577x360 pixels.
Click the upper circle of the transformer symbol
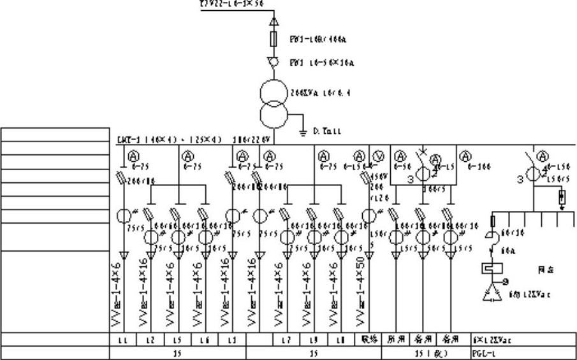(x=274, y=94)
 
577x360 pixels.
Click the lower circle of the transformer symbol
(x=274, y=115)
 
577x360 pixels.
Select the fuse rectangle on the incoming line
(x=274, y=40)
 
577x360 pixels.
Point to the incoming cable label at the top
(x=231, y=4)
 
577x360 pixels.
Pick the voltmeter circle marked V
(x=377, y=155)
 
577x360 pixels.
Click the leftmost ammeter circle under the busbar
(x=133, y=155)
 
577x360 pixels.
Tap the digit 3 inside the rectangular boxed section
(x=411, y=180)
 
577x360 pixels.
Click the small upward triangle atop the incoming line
(x=274, y=22)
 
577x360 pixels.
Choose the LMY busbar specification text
(x=170, y=140)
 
